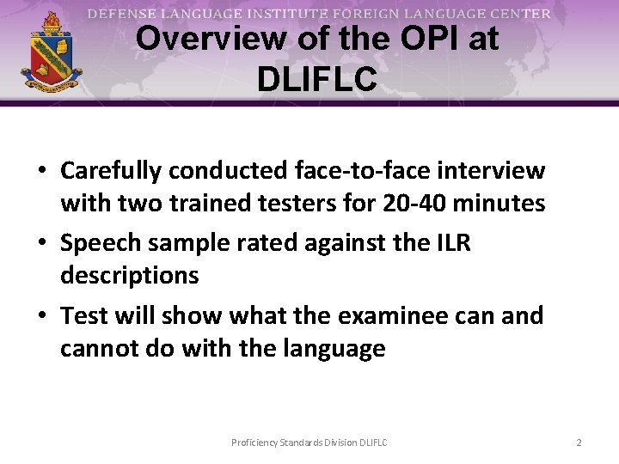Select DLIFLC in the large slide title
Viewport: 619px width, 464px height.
point(316,79)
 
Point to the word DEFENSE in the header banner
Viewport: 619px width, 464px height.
point(120,14)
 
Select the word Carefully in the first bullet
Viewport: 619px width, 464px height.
point(110,171)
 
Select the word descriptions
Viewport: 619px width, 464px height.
point(129,276)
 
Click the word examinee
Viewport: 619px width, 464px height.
point(407,315)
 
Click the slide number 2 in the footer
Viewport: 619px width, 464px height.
point(579,443)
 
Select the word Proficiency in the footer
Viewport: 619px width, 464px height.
point(254,443)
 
